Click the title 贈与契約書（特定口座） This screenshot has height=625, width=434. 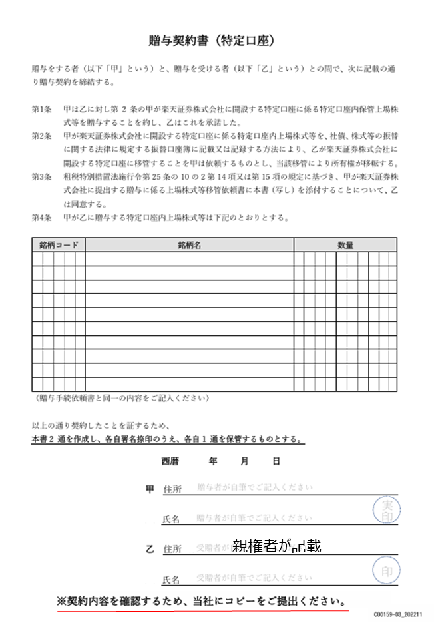click(x=211, y=41)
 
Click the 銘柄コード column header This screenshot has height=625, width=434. click(x=58, y=245)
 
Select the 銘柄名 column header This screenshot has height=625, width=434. click(x=189, y=245)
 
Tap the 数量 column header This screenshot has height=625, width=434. click(x=345, y=245)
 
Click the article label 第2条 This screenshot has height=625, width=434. click(x=41, y=136)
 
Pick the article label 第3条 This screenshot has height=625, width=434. click(x=41, y=176)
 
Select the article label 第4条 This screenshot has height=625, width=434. click(x=41, y=217)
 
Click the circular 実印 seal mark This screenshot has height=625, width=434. click(x=385, y=511)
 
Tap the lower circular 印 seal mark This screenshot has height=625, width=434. click(x=385, y=571)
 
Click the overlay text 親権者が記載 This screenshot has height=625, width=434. click(x=277, y=546)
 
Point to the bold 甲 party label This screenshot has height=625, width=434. click(x=150, y=489)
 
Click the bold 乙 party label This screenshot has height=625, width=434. click(x=150, y=549)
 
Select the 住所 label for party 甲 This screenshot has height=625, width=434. click(x=172, y=489)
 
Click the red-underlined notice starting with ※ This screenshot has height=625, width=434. click(x=202, y=602)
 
